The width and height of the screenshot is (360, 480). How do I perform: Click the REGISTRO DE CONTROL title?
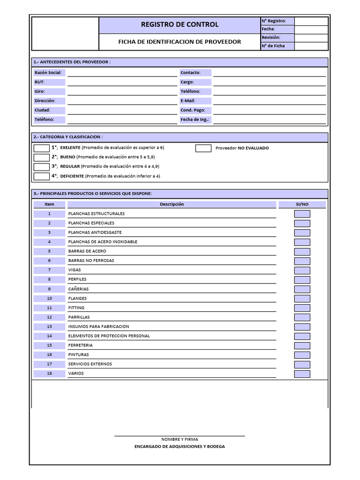click(x=180, y=24)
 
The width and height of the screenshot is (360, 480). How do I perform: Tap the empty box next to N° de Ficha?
click(x=311, y=46)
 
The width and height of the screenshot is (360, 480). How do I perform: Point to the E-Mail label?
click(x=187, y=101)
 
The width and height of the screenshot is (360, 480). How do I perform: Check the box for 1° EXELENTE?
click(x=41, y=148)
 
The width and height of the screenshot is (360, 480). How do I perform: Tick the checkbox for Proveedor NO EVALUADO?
click(x=203, y=148)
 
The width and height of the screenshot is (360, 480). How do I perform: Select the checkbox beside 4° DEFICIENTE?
click(x=41, y=176)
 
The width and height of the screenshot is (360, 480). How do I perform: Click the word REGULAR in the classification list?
click(x=70, y=166)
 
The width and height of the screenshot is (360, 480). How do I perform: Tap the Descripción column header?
click(x=172, y=204)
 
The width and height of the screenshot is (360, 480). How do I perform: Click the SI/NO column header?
click(x=302, y=204)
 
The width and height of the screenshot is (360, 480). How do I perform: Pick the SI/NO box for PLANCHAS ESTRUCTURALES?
click(x=302, y=214)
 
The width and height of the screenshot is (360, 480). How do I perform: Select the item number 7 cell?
click(x=49, y=270)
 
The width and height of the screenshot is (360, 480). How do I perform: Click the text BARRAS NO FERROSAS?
click(x=91, y=261)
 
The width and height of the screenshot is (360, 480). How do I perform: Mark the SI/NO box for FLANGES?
click(x=302, y=299)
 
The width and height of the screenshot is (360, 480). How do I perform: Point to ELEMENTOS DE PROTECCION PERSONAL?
click(x=109, y=336)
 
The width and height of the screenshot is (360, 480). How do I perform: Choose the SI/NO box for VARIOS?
click(x=302, y=374)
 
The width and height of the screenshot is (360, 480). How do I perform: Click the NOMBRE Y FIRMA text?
click(x=180, y=439)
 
